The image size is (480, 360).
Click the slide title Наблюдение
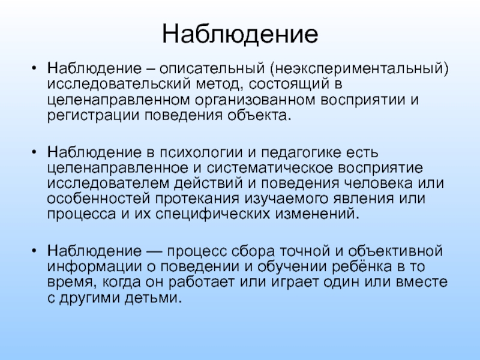[240, 34]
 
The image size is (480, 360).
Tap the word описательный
[212, 68]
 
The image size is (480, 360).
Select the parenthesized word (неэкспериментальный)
[359, 68]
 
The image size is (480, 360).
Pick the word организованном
[255, 100]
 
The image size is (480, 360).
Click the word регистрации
[94, 116]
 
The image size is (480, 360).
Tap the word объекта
[259, 115]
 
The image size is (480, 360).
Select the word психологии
[201, 152]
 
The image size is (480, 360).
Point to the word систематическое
[269, 168]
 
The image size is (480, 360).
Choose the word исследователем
[108, 184]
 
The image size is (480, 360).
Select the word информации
[95, 266]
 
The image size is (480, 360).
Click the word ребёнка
[362, 266]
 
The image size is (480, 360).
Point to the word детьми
[154, 298]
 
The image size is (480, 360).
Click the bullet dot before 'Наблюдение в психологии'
[34, 152]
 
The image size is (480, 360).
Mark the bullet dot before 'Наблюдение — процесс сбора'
[34, 251]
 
